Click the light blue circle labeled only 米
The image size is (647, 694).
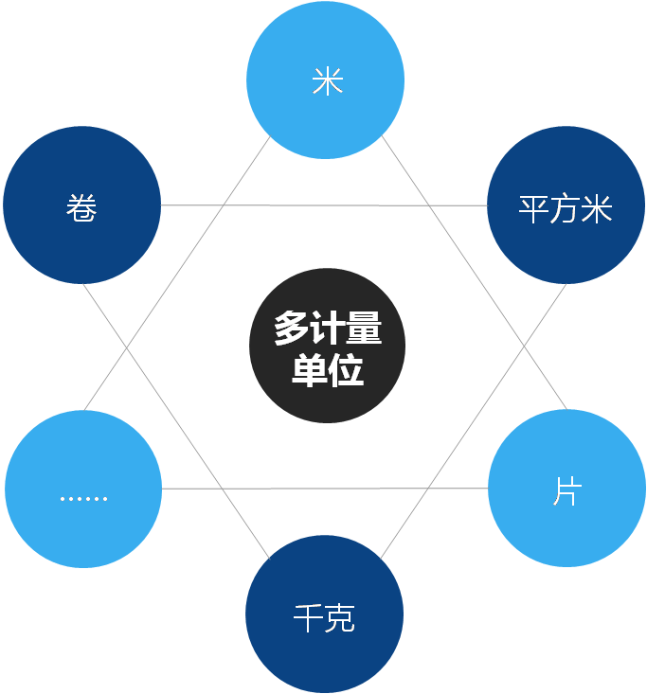coord(326,80)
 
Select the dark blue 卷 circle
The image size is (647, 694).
coord(82,205)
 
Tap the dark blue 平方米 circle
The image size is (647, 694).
coord(566,205)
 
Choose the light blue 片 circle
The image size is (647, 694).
coord(566,489)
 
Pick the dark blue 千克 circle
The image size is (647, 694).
coord(324,614)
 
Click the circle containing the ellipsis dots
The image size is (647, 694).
coord(83,489)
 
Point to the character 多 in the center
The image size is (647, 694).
coord(291,329)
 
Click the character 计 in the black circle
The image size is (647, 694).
coord(328,329)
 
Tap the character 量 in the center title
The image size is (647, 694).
coord(364,329)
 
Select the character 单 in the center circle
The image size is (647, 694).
coord(309,370)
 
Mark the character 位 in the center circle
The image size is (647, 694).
coord(346,370)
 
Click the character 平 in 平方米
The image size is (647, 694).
coord(534,208)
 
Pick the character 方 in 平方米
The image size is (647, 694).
coord(566,208)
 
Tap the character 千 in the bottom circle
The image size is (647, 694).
coord(308,619)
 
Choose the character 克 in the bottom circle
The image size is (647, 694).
coord(340,619)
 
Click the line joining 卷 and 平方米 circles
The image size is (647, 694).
coord(322,205)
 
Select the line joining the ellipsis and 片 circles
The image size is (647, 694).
coord(322,489)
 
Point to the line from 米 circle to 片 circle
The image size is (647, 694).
coord(474,275)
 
